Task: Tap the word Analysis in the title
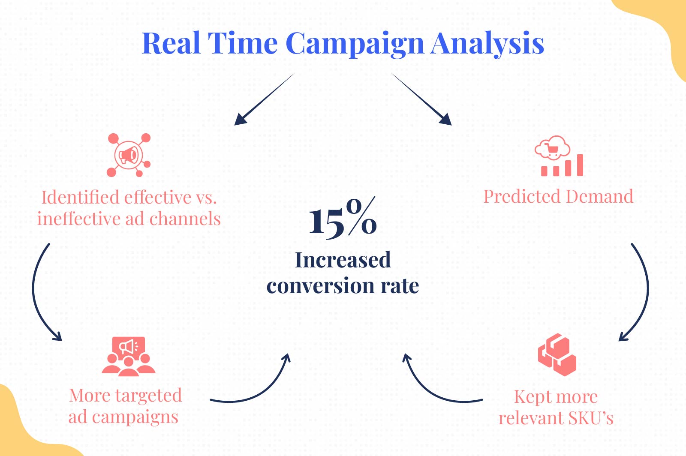[487, 44]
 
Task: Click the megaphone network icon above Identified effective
[129, 155]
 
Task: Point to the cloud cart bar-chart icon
[559, 156]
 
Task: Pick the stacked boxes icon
[557, 355]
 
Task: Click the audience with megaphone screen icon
[129, 357]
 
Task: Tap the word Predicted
[523, 196]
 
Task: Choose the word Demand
[600, 196]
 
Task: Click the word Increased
[343, 260]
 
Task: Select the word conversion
[320, 286]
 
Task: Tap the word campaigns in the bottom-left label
[135, 417]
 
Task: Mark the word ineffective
[79, 219]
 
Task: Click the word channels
[185, 219]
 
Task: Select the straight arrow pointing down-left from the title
[264, 99]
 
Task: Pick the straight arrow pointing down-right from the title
[422, 99]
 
